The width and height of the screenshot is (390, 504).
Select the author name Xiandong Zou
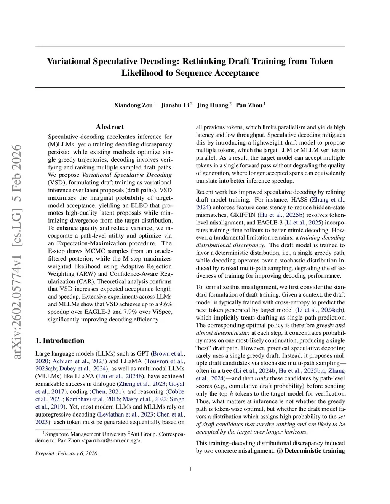tap(133, 105)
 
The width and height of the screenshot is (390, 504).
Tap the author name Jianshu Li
tap(175, 105)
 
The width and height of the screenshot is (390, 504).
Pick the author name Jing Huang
tap(212, 105)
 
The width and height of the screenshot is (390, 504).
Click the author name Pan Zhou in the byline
tap(249, 105)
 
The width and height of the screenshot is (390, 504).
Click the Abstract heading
tap(110, 127)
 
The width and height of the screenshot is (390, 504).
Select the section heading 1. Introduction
tap(60, 341)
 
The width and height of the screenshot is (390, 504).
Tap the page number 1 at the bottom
tap(190, 469)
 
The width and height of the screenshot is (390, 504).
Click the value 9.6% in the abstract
tap(166, 304)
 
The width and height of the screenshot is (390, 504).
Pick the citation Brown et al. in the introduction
tap(168, 354)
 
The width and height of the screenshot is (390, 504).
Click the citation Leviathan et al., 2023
tap(126, 415)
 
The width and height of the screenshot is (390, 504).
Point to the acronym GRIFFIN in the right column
tap(243, 215)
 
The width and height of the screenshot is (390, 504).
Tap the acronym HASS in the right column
tap(299, 200)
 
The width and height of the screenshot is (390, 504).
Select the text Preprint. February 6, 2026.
tap(67, 453)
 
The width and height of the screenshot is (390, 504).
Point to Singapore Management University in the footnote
tap(86, 434)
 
